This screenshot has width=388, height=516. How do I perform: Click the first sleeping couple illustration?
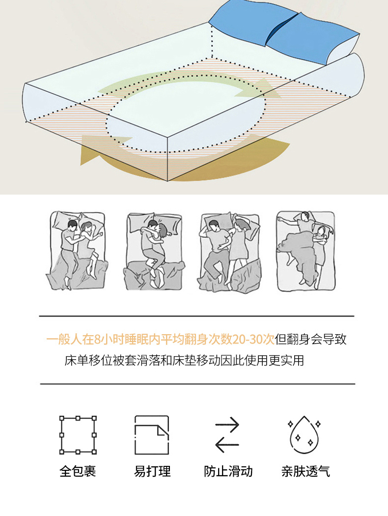click(x=77, y=251)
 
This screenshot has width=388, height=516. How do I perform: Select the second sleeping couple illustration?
click(x=154, y=251)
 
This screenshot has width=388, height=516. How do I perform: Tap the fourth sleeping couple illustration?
click(x=306, y=251)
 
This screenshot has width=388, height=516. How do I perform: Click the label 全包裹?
click(x=78, y=471)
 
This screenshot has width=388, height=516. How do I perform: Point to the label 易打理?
click(x=152, y=471)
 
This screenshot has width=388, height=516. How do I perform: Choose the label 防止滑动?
click(x=228, y=471)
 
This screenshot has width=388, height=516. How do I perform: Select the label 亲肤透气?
click(x=305, y=471)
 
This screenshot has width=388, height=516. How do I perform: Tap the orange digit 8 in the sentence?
click(x=97, y=339)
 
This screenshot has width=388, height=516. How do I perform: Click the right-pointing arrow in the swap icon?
click(x=227, y=425)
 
